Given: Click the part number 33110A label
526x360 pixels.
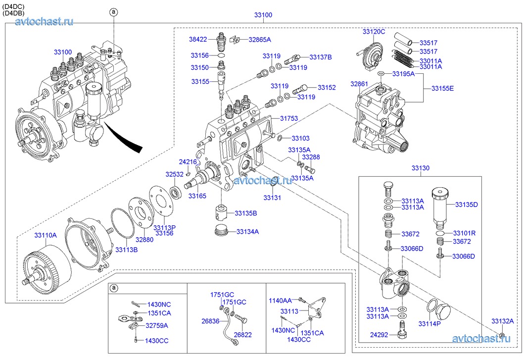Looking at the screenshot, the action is [46, 235].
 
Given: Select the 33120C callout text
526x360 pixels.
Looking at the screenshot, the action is [374, 32].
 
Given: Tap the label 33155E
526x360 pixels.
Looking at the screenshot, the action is [442, 88].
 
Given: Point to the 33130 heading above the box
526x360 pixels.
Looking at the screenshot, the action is [420, 168].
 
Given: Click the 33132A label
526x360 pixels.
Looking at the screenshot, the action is [503, 321].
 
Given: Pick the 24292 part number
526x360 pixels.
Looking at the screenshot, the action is [379, 335].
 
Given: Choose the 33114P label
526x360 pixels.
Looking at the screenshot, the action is [430, 324].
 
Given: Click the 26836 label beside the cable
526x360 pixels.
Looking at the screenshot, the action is [210, 321].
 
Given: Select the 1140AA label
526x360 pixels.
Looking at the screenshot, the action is [280, 301].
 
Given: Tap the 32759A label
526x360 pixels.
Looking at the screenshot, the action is [157, 325].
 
